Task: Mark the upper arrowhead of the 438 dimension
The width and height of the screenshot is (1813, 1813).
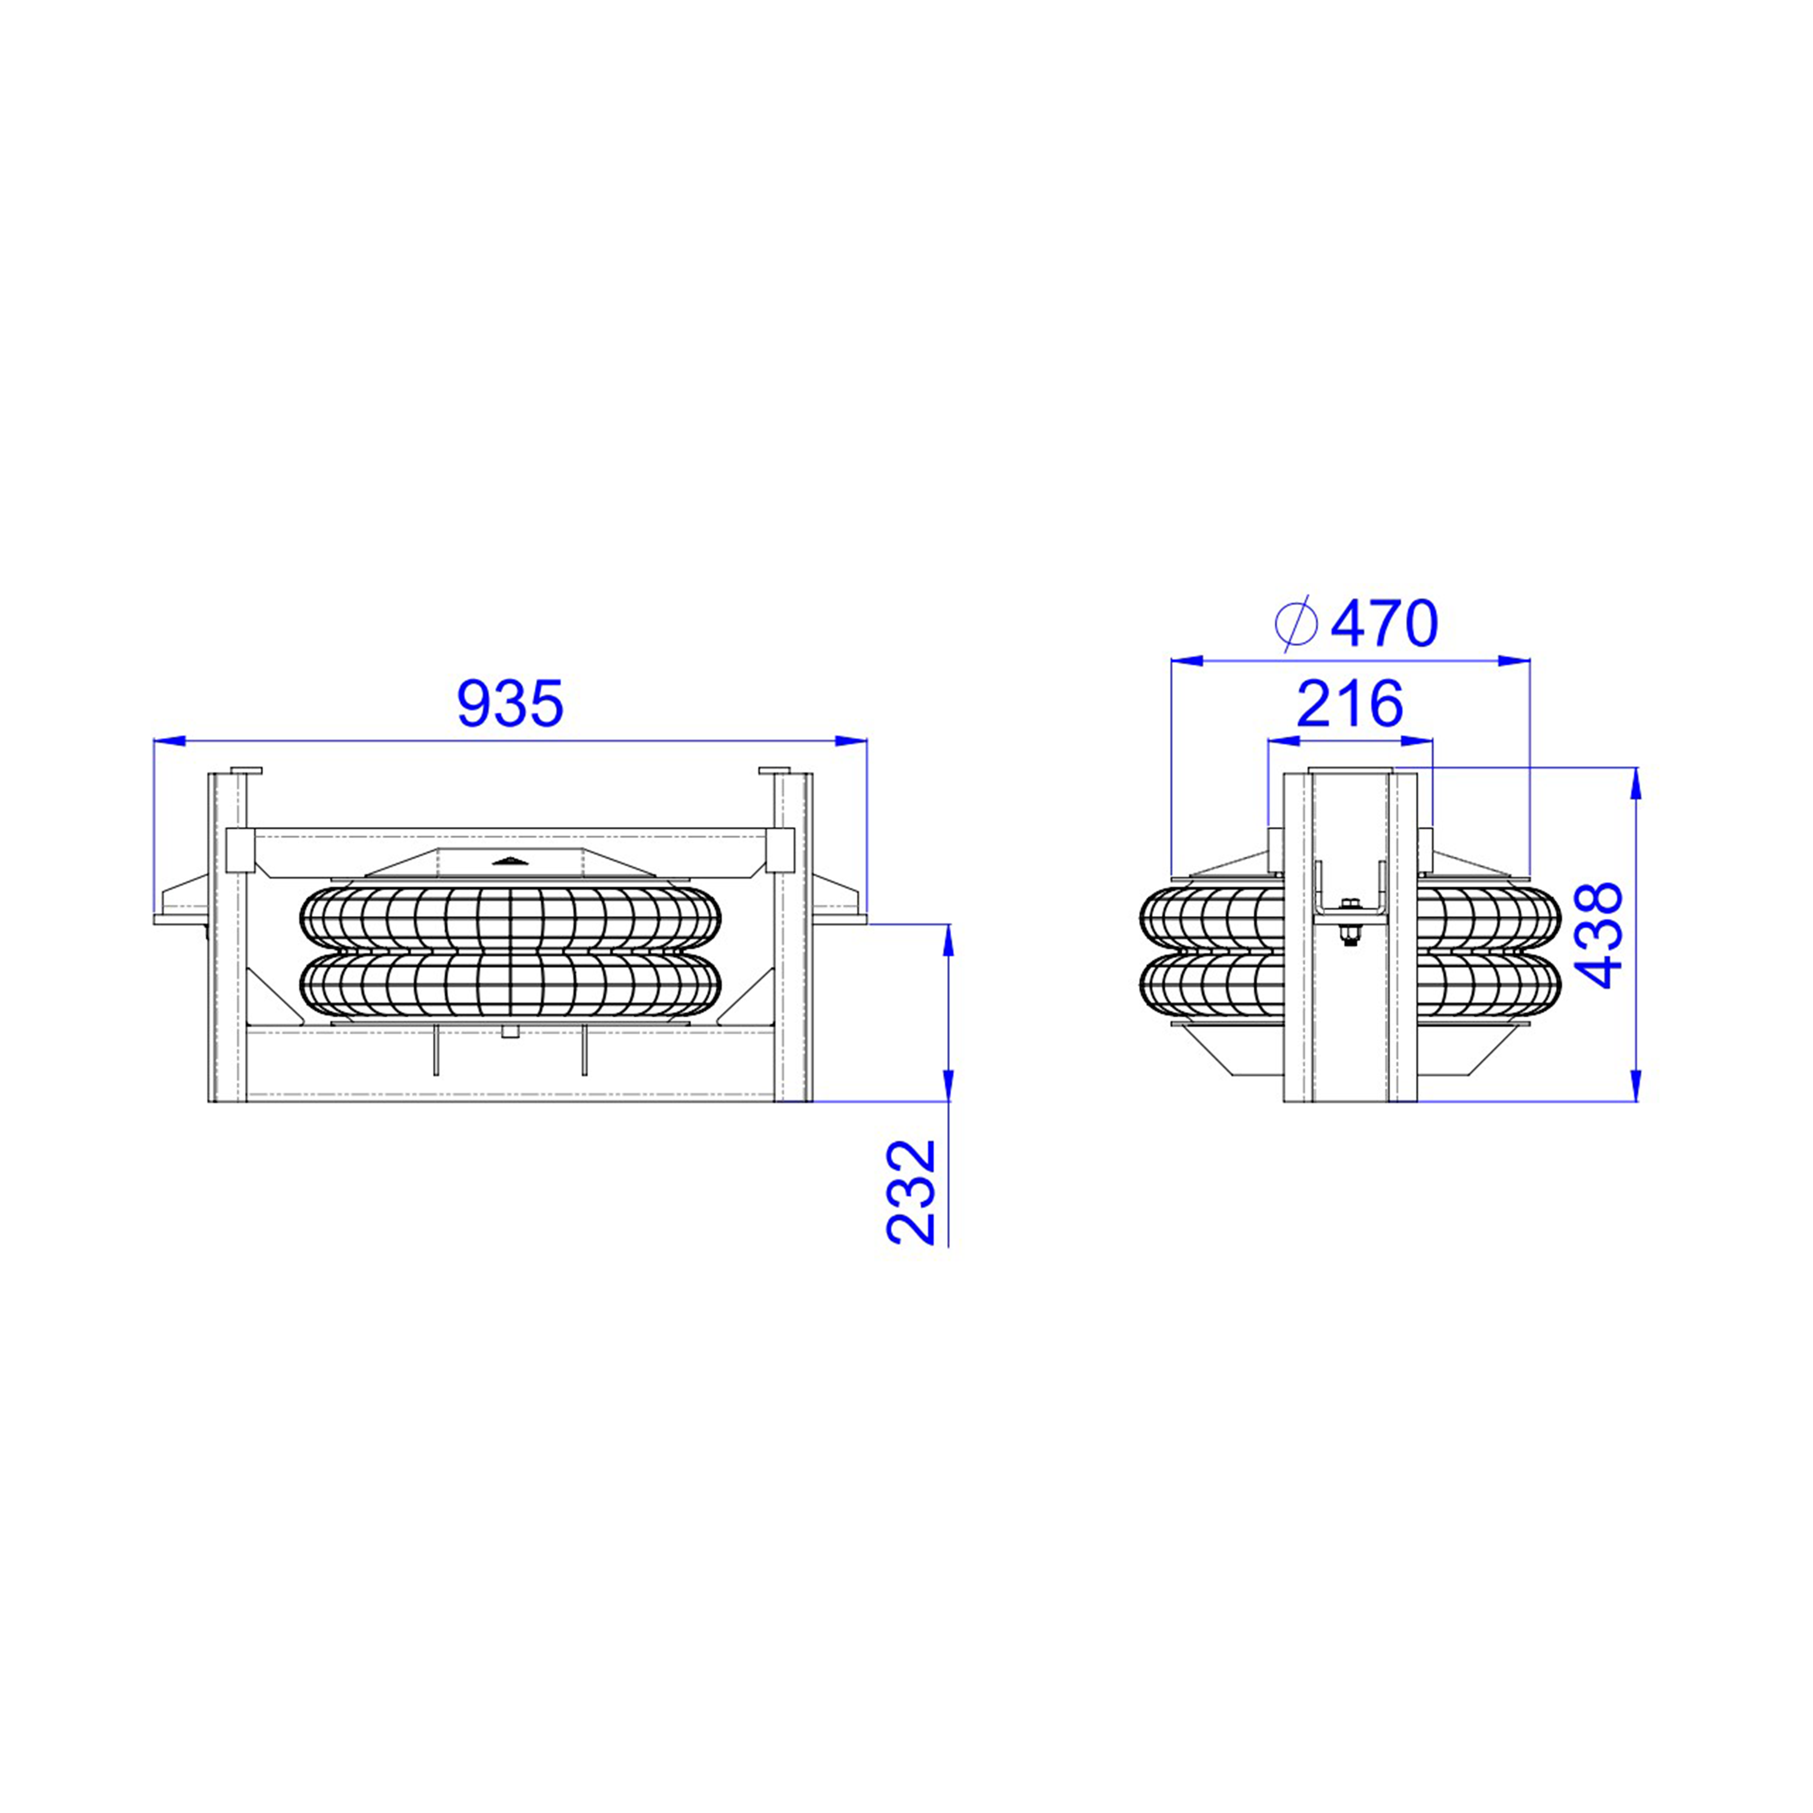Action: point(1636,783)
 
